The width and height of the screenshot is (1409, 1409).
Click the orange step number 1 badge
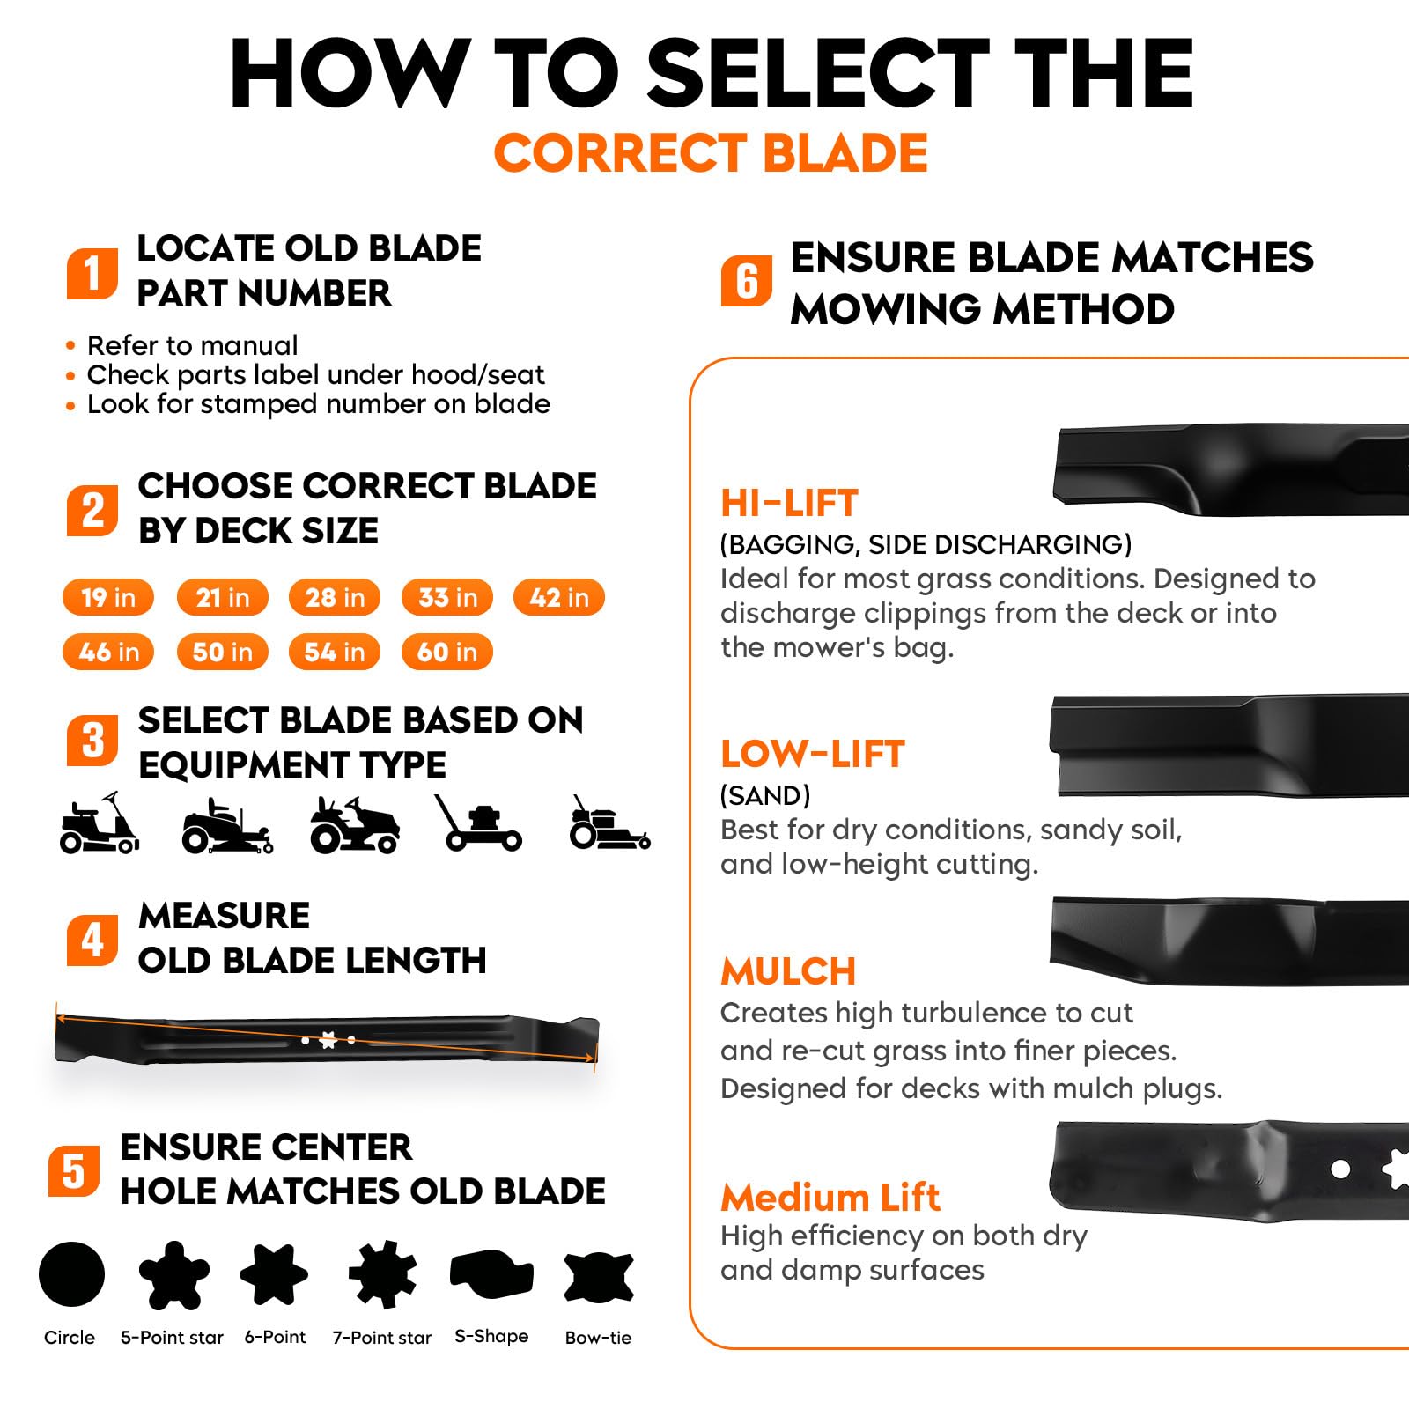(x=92, y=272)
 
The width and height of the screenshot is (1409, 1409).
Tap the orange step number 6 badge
(x=747, y=281)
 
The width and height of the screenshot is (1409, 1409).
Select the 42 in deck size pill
(x=559, y=597)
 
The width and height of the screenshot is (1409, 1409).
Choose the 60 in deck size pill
(x=447, y=652)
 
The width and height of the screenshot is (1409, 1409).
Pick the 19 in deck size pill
(x=108, y=597)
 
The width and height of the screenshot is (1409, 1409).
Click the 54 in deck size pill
(x=335, y=652)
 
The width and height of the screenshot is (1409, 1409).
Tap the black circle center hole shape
(x=72, y=1274)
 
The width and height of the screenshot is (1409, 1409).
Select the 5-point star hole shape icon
(x=173, y=1274)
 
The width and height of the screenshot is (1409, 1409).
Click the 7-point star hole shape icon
(x=382, y=1274)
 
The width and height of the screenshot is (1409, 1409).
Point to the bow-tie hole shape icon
(x=599, y=1276)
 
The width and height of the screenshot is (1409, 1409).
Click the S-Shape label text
(x=491, y=1336)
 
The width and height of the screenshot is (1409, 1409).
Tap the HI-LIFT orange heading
(x=789, y=503)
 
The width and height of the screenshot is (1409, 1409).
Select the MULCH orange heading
(x=788, y=971)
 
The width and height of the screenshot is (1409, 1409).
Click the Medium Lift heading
(x=830, y=1198)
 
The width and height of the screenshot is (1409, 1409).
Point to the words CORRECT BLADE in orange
(x=711, y=153)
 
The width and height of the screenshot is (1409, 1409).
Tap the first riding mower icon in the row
(x=99, y=823)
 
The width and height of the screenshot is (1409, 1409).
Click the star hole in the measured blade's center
(x=328, y=1040)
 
